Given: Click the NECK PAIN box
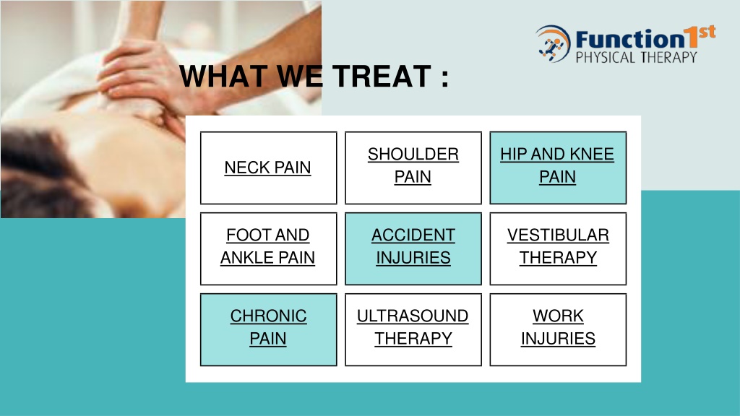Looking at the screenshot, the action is (x=269, y=168).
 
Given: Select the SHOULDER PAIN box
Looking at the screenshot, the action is (x=413, y=168).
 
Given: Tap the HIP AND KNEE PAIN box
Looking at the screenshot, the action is (x=558, y=168).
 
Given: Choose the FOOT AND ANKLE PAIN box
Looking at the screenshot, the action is (x=269, y=248).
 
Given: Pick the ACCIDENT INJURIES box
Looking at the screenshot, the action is (x=413, y=248).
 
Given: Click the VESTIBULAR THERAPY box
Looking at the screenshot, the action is (x=558, y=248).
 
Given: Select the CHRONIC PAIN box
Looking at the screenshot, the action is (x=269, y=329).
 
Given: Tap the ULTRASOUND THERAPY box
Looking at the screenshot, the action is (x=413, y=329).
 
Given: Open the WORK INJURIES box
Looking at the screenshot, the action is (x=558, y=329).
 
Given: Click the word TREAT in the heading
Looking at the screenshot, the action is (x=382, y=77).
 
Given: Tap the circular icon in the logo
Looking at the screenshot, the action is (x=553, y=44).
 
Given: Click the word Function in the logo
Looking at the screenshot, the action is (x=629, y=39).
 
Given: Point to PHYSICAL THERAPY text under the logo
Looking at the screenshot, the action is (x=636, y=58).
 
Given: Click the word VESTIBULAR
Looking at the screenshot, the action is (x=558, y=235).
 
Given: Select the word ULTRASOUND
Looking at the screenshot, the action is (x=413, y=316).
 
